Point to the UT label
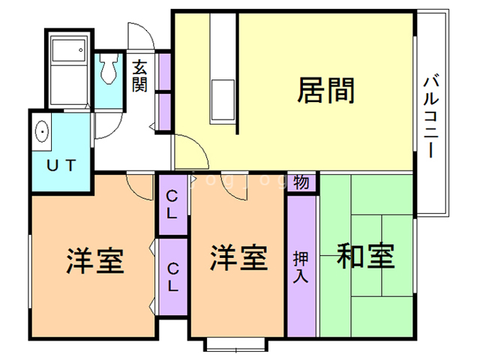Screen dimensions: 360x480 coord(59,165)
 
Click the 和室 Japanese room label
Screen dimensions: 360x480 coord(365,256)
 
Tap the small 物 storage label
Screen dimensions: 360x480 coord(301,182)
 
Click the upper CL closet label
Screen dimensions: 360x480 coord(172,205)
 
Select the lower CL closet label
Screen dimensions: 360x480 coord(172,276)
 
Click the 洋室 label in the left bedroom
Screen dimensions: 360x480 coord(94,260)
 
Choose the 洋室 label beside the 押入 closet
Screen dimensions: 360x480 coord(238,258)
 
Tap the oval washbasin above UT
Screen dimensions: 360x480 coord(42,132)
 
